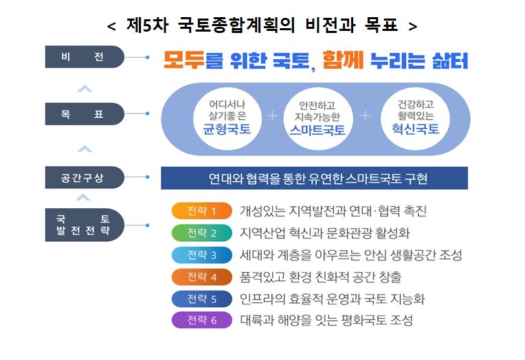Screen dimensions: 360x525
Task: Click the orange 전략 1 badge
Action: [x=201, y=211]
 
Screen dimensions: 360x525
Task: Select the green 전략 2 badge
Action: [x=201, y=233]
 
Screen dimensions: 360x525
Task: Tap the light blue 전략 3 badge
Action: [x=201, y=255]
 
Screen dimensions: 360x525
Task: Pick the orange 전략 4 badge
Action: [x=201, y=277]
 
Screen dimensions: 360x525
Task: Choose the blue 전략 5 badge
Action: [x=201, y=299]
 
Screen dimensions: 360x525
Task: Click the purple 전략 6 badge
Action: [x=201, y=320]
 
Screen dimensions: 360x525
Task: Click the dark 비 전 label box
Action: [x=85, y=57]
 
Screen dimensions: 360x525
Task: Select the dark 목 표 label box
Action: [x=85, y=113]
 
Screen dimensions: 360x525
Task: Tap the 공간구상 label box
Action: [x=85, y=178]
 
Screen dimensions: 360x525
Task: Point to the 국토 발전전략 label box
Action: [x=85, y=224]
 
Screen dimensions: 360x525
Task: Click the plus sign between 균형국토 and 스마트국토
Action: [x=271, y=115]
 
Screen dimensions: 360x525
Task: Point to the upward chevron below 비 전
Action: [x=85, y=87]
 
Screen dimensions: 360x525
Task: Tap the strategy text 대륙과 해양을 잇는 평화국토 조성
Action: [x=326, y=320]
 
